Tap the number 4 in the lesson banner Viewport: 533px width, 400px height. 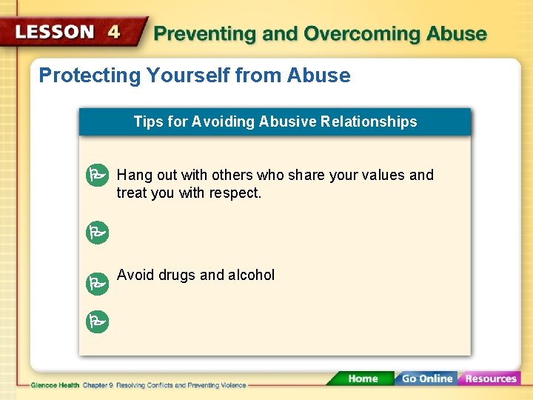[x=114, y=32]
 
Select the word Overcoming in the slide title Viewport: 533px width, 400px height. [x=350, y=34]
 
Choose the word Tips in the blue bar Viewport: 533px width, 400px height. [x=147, y=121]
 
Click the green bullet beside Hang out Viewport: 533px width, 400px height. [x=96, y=176]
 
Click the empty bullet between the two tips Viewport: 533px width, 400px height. [x=96, y=233]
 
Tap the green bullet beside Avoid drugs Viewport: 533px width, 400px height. [x=96, y=282]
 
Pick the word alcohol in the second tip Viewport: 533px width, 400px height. [x=251, y=275]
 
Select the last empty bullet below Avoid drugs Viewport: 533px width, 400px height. [x=96, y=321]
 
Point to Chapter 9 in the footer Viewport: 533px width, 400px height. [x=96, y=385]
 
